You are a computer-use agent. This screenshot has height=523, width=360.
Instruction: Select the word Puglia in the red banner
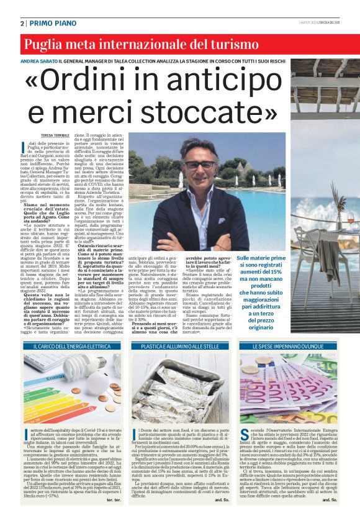[x=45, y=44]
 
